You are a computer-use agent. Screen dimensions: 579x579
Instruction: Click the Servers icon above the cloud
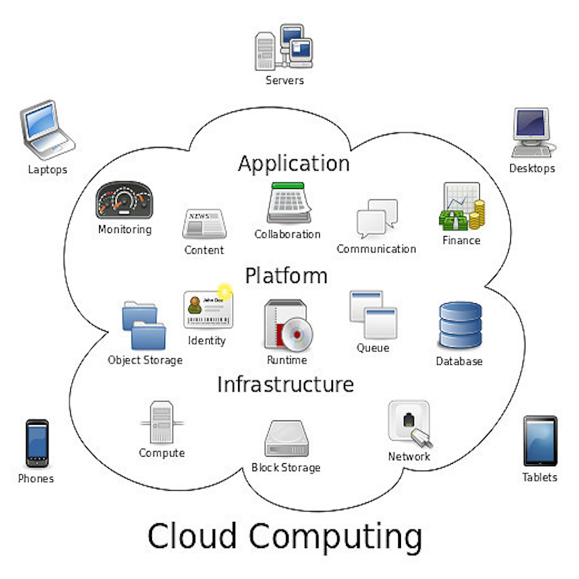tap(284, 46)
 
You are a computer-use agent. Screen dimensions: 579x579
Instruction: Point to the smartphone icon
tap(37, 443)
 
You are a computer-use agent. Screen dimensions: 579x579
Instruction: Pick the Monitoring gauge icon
tap(124, 200)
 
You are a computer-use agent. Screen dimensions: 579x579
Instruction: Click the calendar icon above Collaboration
tap(289, 203)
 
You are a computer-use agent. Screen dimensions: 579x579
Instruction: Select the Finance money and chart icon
tap(461, 207)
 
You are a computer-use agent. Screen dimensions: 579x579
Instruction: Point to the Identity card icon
tap(207, 309)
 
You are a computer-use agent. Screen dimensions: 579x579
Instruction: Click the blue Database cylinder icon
tap(460, 326)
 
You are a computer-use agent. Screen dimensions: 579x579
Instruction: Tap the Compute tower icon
tap(161, 423)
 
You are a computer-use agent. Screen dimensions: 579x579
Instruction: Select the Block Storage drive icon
tap(286, 439)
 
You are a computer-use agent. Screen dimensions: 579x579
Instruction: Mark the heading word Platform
tap(286, 276)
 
